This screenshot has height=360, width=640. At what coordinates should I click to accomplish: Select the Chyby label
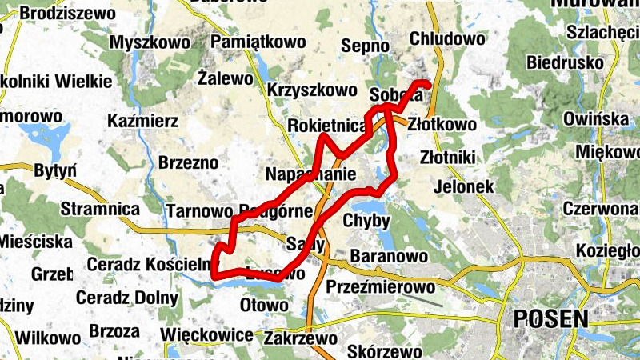(x=366, y=221)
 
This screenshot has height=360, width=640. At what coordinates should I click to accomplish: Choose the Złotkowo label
(x=442, y=125)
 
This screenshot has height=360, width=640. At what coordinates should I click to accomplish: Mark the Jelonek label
(x=462, y=186)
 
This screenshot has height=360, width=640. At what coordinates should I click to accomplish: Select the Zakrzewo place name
(x=305, y=338)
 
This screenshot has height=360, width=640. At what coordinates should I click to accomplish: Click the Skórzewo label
(x=385, y=352)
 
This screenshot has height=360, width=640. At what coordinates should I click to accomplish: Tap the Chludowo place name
(x=447, y=38)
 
